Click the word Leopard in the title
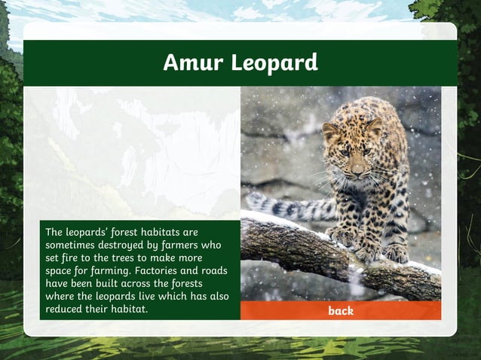pyautogui.click(x=274, y=63)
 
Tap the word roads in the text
pyautogui.click(x=213, y=270)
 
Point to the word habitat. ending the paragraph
pyautogui.click(x=129, y=309)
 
